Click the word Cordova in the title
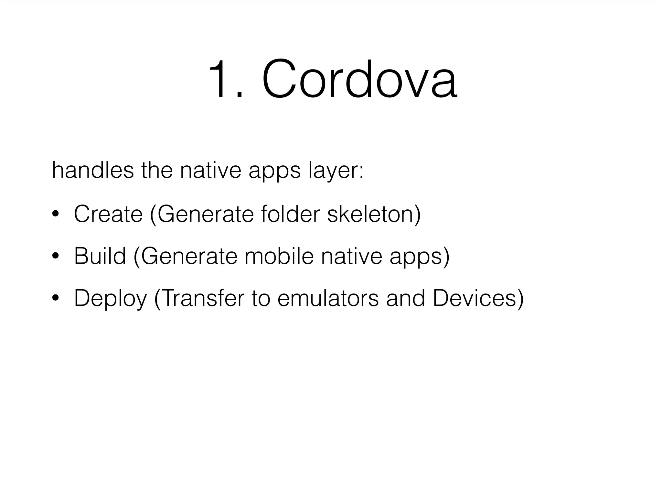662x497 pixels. click(359, 79)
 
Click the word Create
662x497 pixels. click(108, 214)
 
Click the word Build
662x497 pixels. click(100, 256)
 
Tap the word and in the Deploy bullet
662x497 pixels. click(406, 298)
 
